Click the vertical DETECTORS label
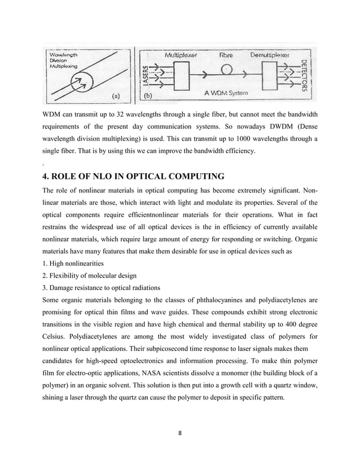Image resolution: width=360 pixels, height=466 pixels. (x=305, y=76)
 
